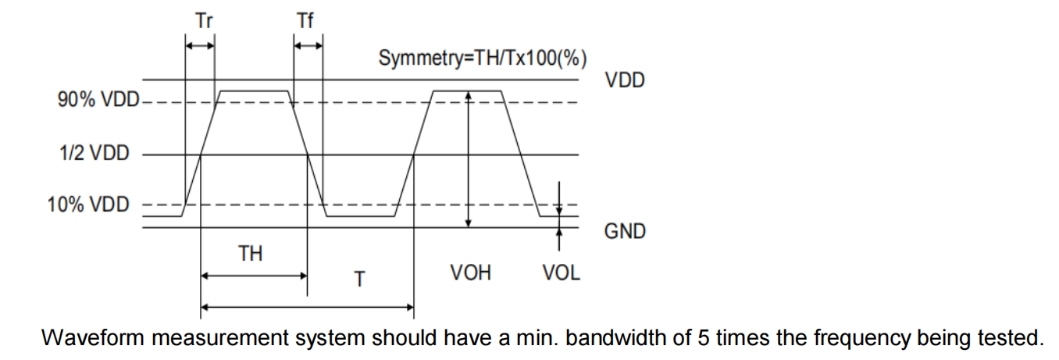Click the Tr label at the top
[204, 21]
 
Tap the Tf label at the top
[305, 21]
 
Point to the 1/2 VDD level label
[94, 154]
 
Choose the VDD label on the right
[625, 80]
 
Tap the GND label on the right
[625, 231]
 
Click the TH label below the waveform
[250, 254]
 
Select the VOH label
[471, 273]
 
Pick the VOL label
[562, 273]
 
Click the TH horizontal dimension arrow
[254, 276]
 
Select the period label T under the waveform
[359, 279]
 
